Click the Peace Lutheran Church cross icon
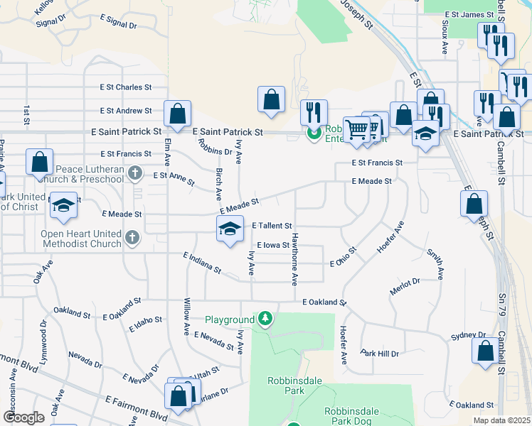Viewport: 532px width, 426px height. (136, 173)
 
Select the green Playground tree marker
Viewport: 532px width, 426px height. (265, 319)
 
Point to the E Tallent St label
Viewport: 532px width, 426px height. (272, 225)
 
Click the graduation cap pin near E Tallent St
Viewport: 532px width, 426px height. (229, 229)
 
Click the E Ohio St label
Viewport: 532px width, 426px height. (343, 258)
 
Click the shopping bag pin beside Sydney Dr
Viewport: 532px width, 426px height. (485, 351)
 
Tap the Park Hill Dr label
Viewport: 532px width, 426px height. (380, 353)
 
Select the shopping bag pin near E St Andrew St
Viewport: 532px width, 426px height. (177, 114)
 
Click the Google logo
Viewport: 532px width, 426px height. (23, 417)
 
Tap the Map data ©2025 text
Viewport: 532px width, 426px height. (502, 420)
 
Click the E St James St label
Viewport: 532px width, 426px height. (469, 14)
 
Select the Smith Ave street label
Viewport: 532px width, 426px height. (435, 263)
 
